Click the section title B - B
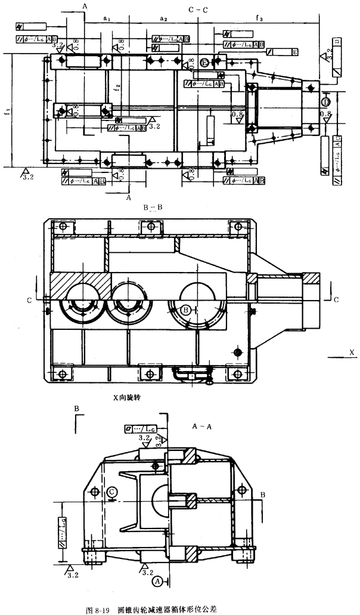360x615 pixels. pyautogui.click(x=153, y=208)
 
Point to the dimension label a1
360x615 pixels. pyautogui.click(x=107, y=20)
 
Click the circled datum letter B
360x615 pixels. pyautogui.click(x=187, y=310)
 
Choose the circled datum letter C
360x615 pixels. pyautogui.click(x=112, y=491)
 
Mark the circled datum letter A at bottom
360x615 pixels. pyautogui.click(x=158, y=580)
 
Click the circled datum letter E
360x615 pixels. pyautogui.click(x=205, y=63)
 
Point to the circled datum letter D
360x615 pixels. pyautogui.click(x=327, y=97)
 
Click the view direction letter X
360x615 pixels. pyautogui.click(x=352, y=353)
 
